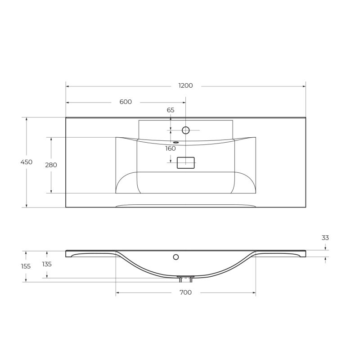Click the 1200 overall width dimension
pyautogui.click(x=185, y=85)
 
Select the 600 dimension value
pyautogui.click(x=126, y=102)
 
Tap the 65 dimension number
pyautogui.click(x=171, y=110)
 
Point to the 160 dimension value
pyautogui.click(x=171, y=148)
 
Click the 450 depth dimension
pyautogui.click(x=27, y=162)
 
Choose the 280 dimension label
pyautogui.click(x=51, y=165)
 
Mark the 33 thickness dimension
pyautogui.click(x=325, y=238)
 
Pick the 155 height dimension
pyautogui.click(x=26, y=266)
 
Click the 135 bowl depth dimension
pyautogui.click(x=47, y=264)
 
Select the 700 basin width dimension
pyautogui.click(x=185, y=293)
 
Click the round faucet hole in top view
pyautogui.click(x=185, y=130)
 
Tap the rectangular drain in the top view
pyautogui.click(x=185, y=162)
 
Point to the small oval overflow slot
pyautogui.click(x=175, y=143)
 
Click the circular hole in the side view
pyautogui.click(x=176, y=257)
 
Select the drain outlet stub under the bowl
pyautogui.click(x=185, y=279)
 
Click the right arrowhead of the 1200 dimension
pyautogui.click(x=304, y=85)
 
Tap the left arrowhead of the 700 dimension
pyautogui.click(x=118, y=293)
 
